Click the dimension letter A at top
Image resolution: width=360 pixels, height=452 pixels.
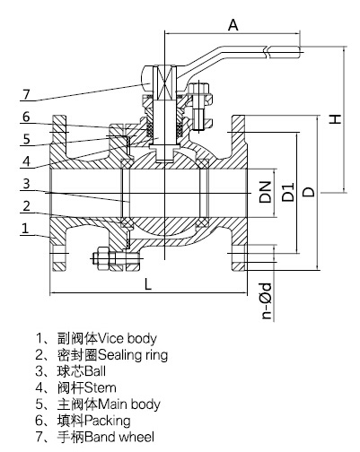233,27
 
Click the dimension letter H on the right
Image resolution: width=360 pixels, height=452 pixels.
334,117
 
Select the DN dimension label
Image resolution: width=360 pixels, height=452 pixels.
266,191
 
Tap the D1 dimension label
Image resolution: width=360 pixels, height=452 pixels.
287,191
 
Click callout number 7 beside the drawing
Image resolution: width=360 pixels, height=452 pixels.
26,94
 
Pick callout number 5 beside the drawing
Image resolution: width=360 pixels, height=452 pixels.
26,139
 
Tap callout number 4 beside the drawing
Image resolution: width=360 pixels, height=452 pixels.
26,161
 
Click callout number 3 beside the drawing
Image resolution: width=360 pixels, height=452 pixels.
26,184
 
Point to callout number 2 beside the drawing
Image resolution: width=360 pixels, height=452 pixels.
26,206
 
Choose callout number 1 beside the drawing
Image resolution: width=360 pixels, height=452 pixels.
26,230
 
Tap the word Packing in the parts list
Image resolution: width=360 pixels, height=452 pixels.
109,420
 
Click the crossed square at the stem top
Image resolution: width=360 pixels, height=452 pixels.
164,87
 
